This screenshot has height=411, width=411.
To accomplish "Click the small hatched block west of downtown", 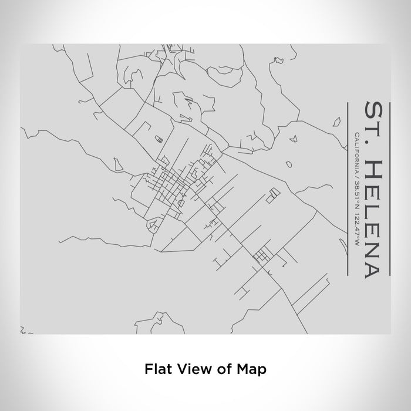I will (157, 139).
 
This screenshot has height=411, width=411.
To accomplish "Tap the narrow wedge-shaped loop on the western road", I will (117, 162).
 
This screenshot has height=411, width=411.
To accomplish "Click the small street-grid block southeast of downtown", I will (261, 255).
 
